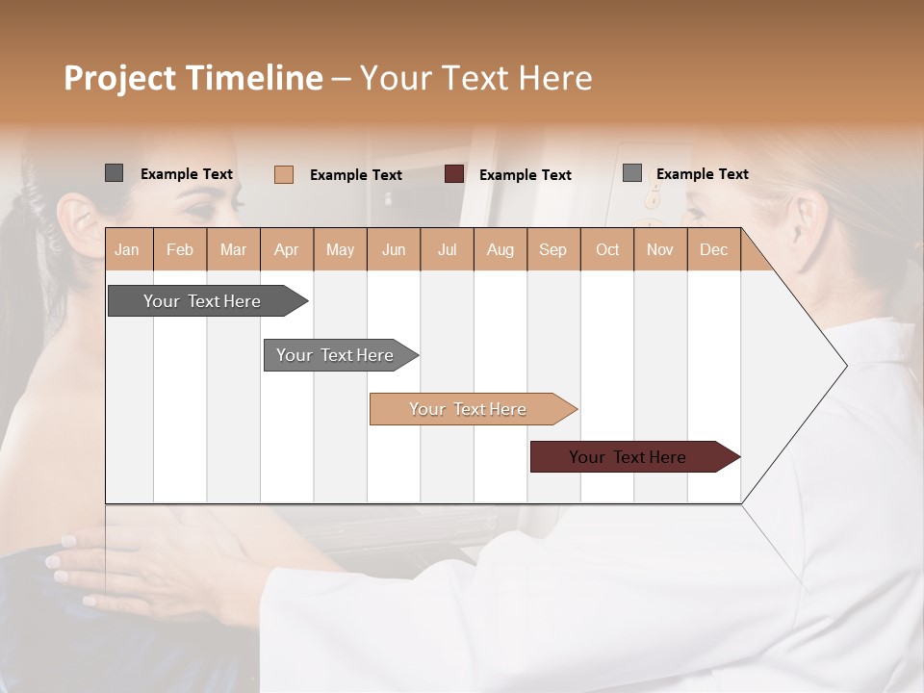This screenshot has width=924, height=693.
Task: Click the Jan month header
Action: point(128,249)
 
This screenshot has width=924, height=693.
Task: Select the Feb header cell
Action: point(180,249)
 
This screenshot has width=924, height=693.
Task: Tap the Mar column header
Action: point(233,249)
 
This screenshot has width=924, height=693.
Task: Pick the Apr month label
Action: point(287,249)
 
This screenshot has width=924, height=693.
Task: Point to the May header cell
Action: point(340,249)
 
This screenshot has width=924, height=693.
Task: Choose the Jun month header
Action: point(394,249)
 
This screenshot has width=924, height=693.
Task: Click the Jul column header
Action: point(447,249)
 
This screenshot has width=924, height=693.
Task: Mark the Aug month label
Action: point(500,249)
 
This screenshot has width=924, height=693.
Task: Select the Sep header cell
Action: point(553,249)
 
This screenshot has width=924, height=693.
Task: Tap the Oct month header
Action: point(607,249)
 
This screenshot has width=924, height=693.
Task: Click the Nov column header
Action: point(660,249)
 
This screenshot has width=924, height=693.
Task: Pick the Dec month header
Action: point(714,249)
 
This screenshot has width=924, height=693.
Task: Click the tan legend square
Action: point(284,174)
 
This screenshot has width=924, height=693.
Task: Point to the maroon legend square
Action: point(454,174)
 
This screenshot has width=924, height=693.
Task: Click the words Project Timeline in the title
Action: point(193,78)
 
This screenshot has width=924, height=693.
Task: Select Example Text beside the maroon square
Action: point(526,175)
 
